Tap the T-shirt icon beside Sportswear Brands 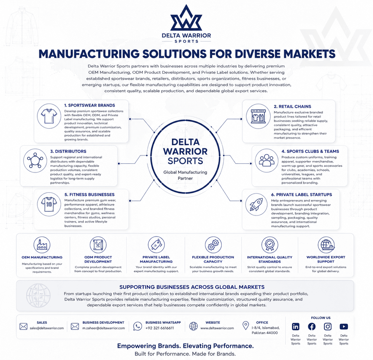click(49, 116)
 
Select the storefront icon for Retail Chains click(258, 116)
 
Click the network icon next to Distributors click(35, 161)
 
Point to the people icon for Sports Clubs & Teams click(266, 161)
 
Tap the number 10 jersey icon click(49, 204)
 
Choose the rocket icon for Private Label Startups click(256, 204)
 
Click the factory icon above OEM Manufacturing click(42, 245)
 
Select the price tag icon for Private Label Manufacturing click(156, 245)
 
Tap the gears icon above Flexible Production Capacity click(213, 245)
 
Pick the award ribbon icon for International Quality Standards click(270, 245)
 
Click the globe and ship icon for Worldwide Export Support click(326, 245)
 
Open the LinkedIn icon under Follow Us click(296, 326)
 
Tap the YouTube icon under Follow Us click(344, 326)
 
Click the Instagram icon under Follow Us click(327, 326)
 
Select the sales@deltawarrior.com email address click(47, 328)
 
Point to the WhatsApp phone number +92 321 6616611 click(160, 328)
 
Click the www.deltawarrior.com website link click(217, 328)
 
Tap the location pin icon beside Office click(246, 325)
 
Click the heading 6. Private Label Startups click(301, 194)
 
